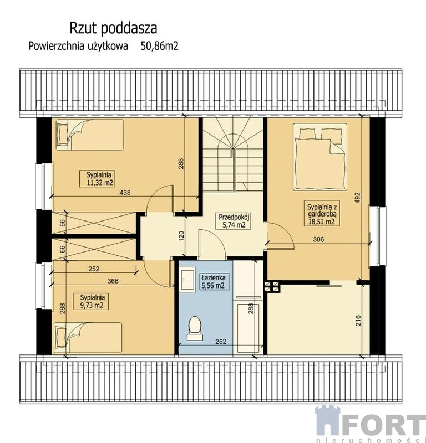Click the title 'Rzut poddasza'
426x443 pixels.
pos(113,29)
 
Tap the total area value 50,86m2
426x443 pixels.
pos(160,46)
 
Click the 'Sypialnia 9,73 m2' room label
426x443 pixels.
pos(90,301)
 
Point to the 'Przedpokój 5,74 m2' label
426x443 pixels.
pos(234,221)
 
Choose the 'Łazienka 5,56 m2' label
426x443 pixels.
pos(214,281)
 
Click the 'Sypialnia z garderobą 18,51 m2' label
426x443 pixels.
pos(322,214)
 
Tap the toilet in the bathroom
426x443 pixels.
pos(195,328)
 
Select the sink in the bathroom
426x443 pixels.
pos(187,280)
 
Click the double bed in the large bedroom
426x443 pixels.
pos(320,157)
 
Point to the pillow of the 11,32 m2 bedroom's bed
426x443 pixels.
pos(63,134)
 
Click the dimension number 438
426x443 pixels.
pos(125,192)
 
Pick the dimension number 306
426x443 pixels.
pos(318,239)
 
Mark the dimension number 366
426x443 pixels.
pos(113,281)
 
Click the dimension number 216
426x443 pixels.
pos(358,321)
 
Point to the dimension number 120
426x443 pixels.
pos(181,236)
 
